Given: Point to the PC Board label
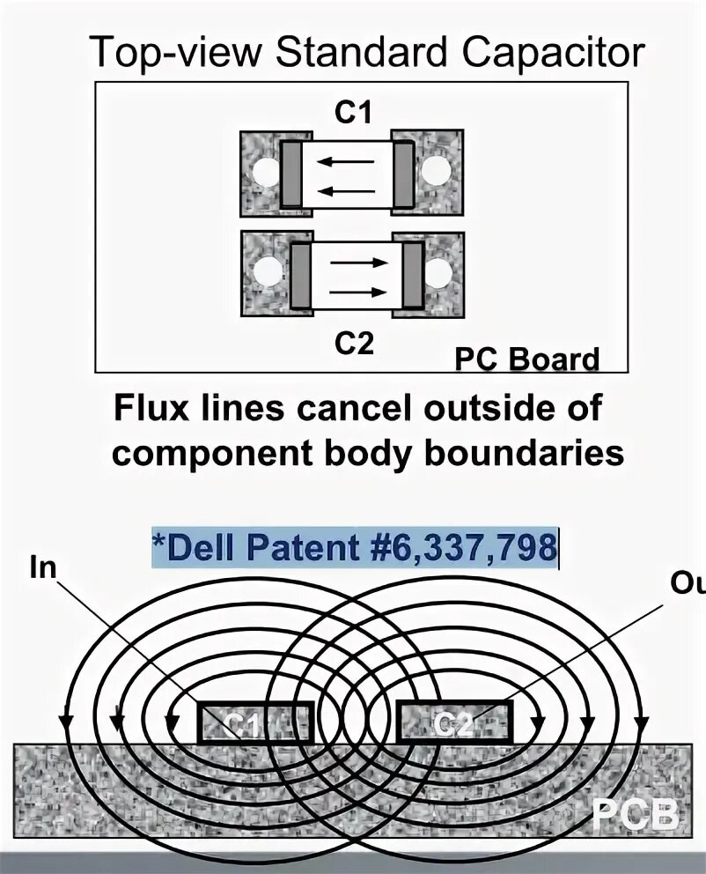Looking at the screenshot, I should [x=526, y=359].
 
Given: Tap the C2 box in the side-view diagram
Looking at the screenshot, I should [x=454, y=722].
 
